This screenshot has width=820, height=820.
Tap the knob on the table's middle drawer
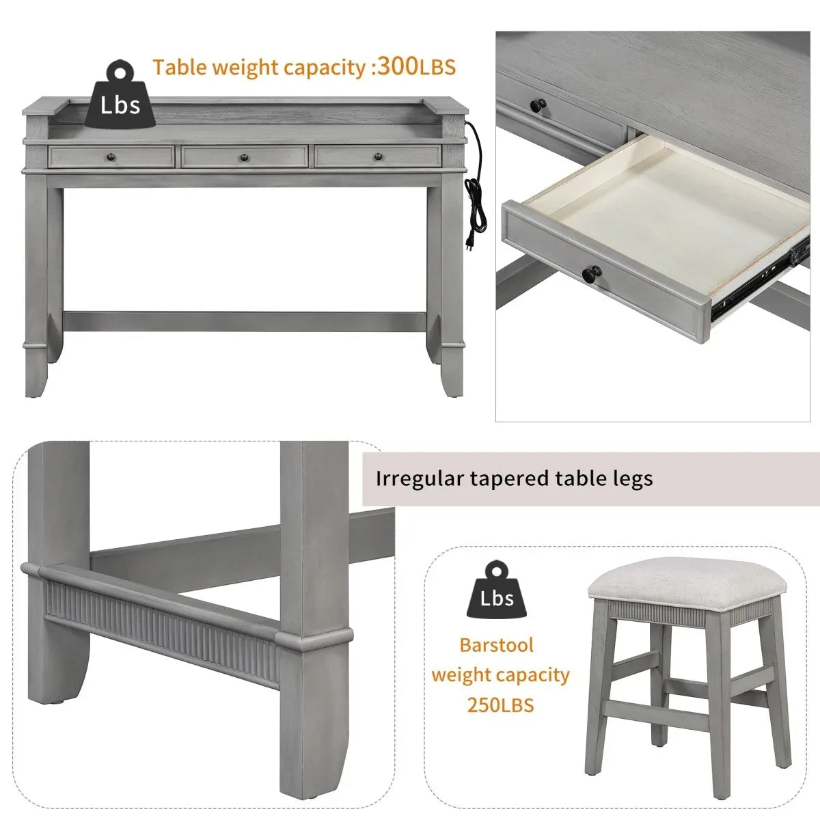pos(244,159)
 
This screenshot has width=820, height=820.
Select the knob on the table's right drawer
pos(378,158)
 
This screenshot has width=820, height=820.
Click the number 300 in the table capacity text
pos(398,67)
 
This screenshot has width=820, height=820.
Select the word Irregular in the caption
pos(419,478)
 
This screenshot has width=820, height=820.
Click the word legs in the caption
pos(633,479)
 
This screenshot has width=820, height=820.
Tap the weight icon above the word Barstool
pos(496,590)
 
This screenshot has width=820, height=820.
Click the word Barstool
pos(497,645)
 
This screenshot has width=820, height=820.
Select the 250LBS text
pos(500,705)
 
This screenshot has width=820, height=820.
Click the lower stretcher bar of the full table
pos(244,321)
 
